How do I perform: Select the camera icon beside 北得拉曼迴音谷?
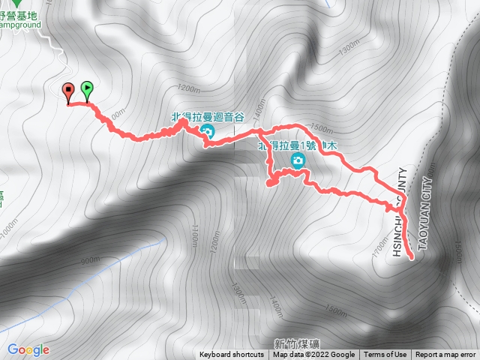point(208,131)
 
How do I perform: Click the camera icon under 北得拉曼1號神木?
point(298,160)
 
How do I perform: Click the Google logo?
point(28,349)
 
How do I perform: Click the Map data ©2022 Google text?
point(313,355)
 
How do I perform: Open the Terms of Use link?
point(385,355)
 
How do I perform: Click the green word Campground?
point(21,24)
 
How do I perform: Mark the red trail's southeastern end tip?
point(412,257)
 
